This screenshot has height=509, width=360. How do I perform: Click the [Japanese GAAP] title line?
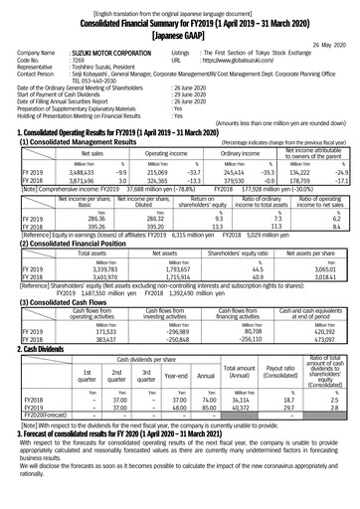(x=179, y=30)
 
